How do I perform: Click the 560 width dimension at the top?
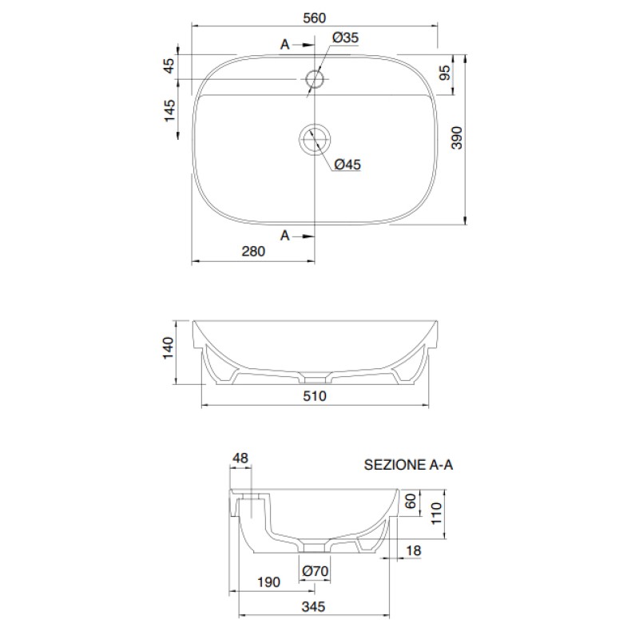coord(315,18)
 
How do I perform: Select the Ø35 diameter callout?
coord(346,38)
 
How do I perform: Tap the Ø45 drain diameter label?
coord(347,165)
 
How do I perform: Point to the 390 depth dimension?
coord(457,137)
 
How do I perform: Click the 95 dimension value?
coord(446,73)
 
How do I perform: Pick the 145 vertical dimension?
coord(169,110)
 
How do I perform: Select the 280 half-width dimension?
coord(253,251)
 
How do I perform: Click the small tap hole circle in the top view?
coord(315,70)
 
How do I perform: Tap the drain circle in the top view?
coord(315,125)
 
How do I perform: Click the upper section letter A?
coord(285,45)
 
